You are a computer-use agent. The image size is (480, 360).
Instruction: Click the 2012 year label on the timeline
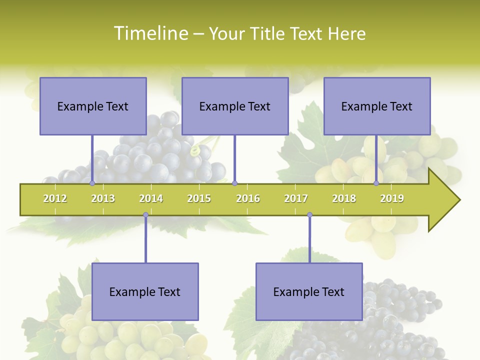click(x=55, y=198)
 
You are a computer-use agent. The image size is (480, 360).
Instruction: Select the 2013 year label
click(x=103, y=198)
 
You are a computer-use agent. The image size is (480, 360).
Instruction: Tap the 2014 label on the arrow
click(x=151, y=198)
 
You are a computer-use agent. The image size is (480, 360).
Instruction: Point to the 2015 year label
click(x=199, y=198)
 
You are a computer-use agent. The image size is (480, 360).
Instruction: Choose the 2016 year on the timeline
click(x=248, y=198)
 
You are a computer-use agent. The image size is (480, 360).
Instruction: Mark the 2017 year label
click(x=296, y=198)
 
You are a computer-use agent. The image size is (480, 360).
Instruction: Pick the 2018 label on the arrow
click(x=344, y=198)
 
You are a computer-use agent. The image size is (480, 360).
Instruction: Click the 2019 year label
click(x=392, y=198)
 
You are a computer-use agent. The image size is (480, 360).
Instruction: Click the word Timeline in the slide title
click(x=149, y=33)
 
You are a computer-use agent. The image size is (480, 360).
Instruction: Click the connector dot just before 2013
click(x=92, y=183)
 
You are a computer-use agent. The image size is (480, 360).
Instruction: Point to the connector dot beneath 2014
click(x=145, y=215)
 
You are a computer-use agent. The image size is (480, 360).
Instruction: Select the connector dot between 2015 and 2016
click(x=234, y=183)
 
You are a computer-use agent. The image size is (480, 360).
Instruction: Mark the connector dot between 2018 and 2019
click(x=376, y=183)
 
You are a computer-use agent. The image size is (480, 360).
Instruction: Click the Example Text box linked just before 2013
click(x=93, y=106)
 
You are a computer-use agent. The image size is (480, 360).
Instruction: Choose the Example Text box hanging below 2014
click(x=145, y=291)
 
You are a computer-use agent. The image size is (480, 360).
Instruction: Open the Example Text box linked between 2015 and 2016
click(x=235, y=106)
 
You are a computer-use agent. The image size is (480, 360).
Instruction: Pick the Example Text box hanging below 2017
click(x=309, y=291)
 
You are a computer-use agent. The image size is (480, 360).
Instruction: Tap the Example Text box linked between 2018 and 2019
click(x=377, y=106)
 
